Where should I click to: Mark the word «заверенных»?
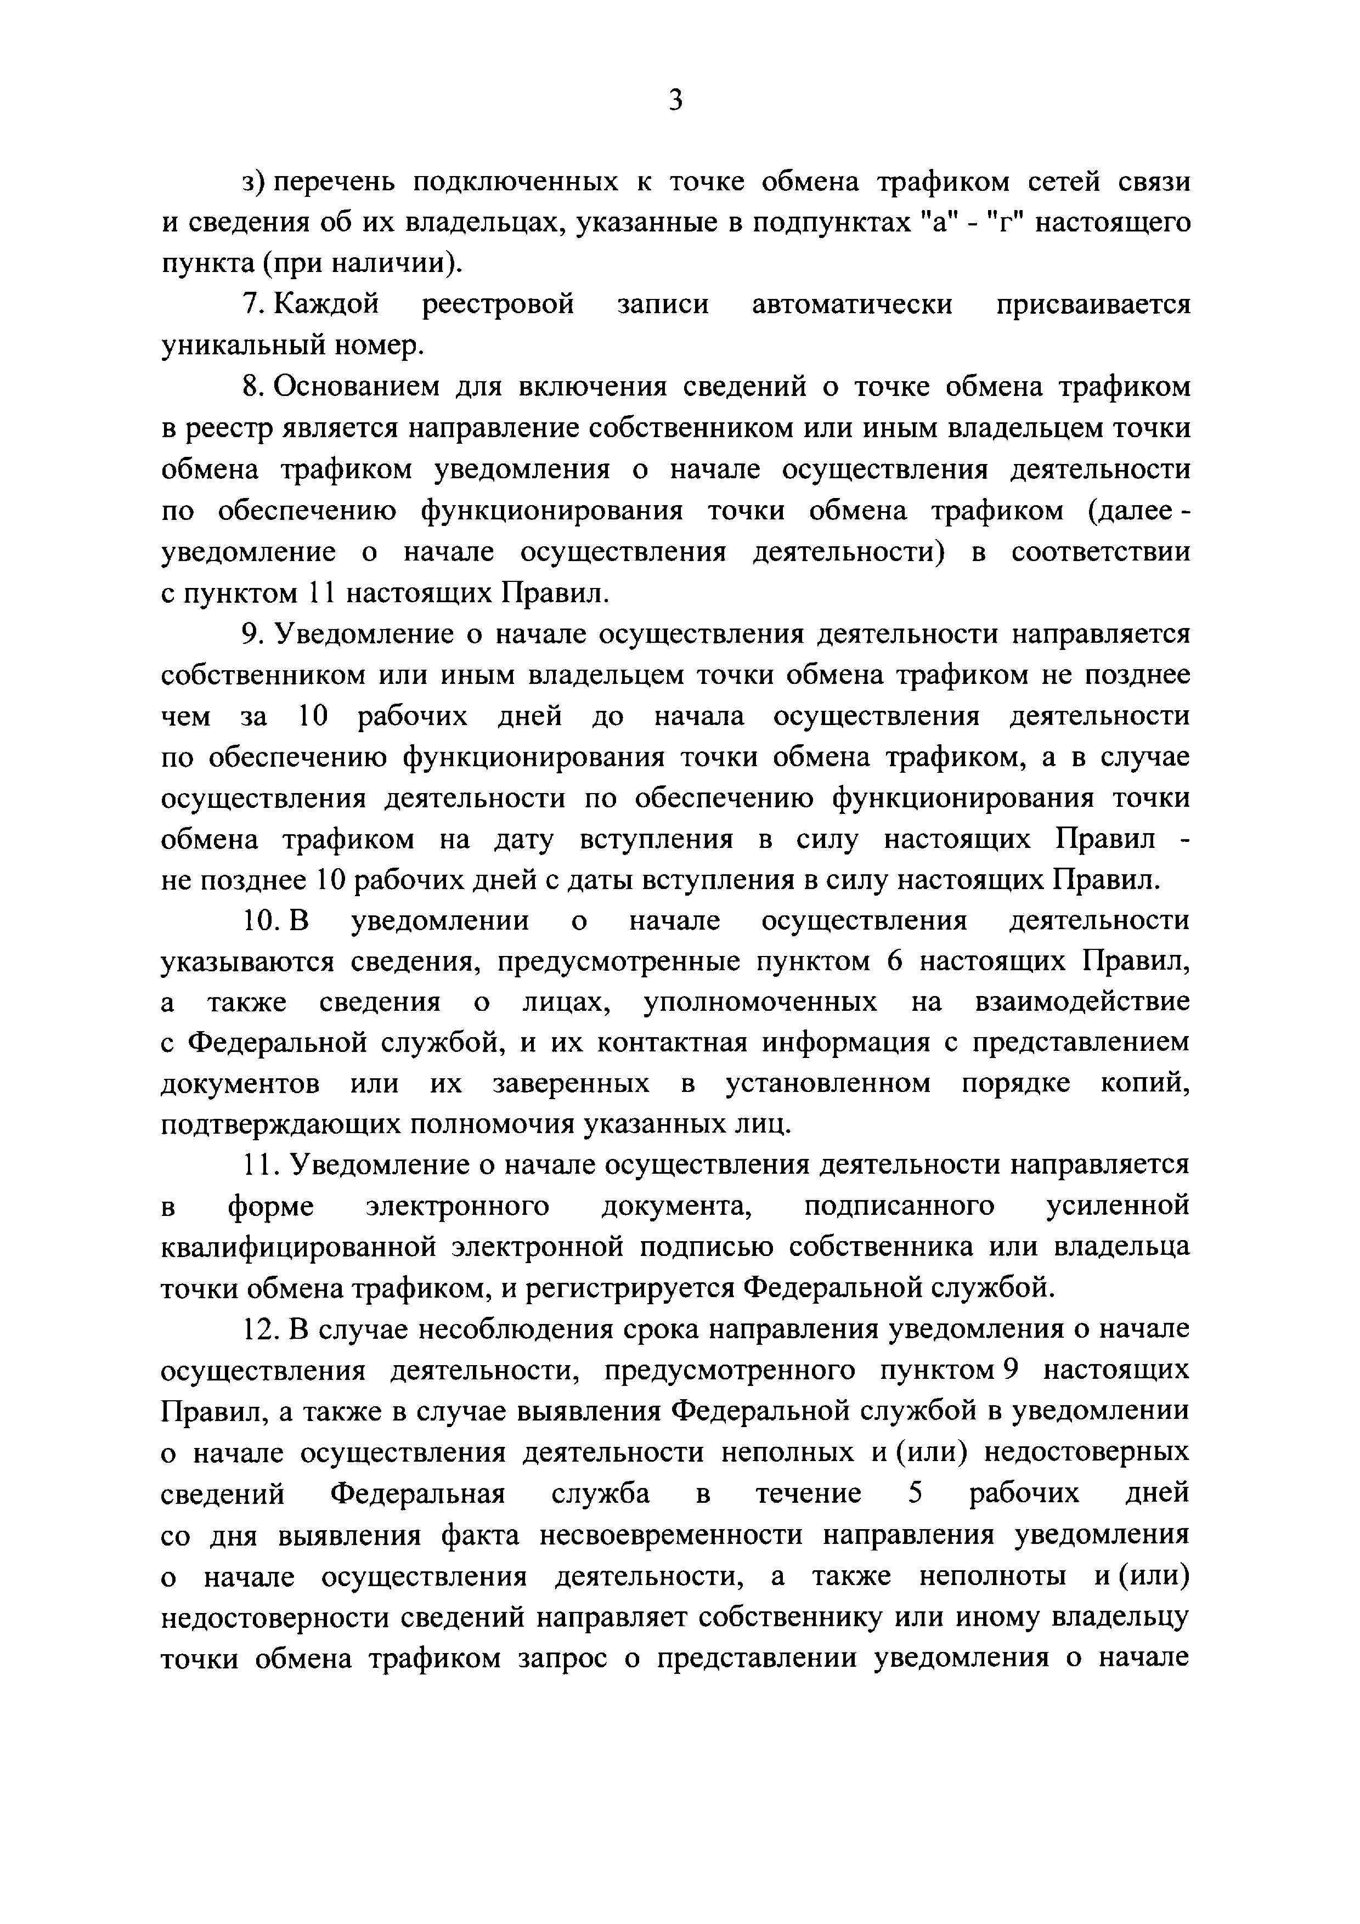[x=571, y=1084]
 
